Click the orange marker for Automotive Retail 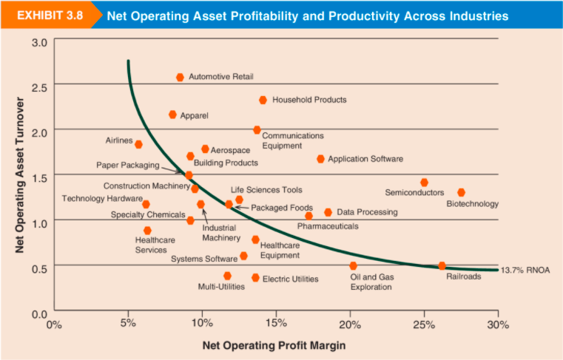pyautogui.click(x=180, y=77)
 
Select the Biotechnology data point pyautogui.click(x=461, y=192)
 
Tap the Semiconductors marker pyautogui.click(x=424, y=182)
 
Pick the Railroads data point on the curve pyautogui.click(x=442, y=265)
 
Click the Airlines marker pyautogui.click(x=138, y=144)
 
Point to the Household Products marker pyautogui.click(x=263, y=100)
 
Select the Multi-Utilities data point pyautogui.click(x=227, y=276)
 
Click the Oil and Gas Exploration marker pyautogui.click(x=353, y=265)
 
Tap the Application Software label pyautogui.click(x=365, y=159)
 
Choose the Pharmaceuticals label pyautogui.click(x=328, y=226)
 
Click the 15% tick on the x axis pyautogui.click(x=275, y=323)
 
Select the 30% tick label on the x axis pyautogui.click(x=498, y=323)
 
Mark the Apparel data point pyautogui.click(x=172, y=115)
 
